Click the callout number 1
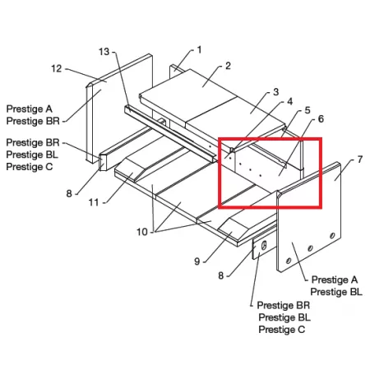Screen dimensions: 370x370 pos(199,50)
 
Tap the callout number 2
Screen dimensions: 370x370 pos(228,66)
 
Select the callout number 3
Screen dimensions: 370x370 pos(275,92)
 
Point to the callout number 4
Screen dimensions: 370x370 pos(289,101)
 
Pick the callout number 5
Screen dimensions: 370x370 pos(308,110)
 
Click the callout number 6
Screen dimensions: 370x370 pos(321,119)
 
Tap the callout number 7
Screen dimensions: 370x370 pos(360,160)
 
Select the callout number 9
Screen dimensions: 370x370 pos(197,261)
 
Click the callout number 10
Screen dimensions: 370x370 pos(142,232)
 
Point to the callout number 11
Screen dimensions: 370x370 pos(94,202)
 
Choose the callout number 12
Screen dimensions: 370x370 pos(57,68)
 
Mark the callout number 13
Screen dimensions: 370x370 pos(104,52)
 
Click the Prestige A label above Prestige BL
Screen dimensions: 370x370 pos(335,280)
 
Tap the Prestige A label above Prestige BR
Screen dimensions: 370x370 pos(29,109)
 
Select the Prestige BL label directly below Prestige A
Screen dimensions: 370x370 pos(336,292)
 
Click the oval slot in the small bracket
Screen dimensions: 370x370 pos(264,245)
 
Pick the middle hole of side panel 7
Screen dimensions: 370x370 pos(310,248)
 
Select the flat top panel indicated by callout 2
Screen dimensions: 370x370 pos(188,92)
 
